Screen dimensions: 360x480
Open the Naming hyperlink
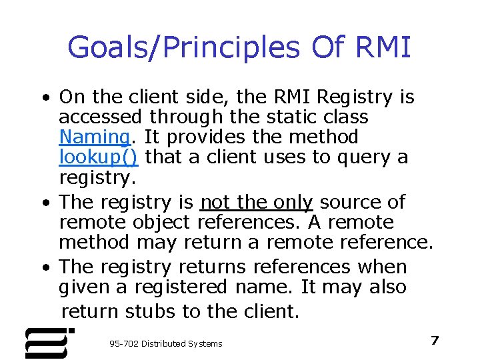(94, 137)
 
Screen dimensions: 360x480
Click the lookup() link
(99, 157)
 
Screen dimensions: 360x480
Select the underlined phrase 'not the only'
(256, 202)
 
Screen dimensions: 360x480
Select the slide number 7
(435, 341)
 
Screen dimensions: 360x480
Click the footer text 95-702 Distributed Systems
(166, 343)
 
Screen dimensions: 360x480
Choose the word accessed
(100, 117)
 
